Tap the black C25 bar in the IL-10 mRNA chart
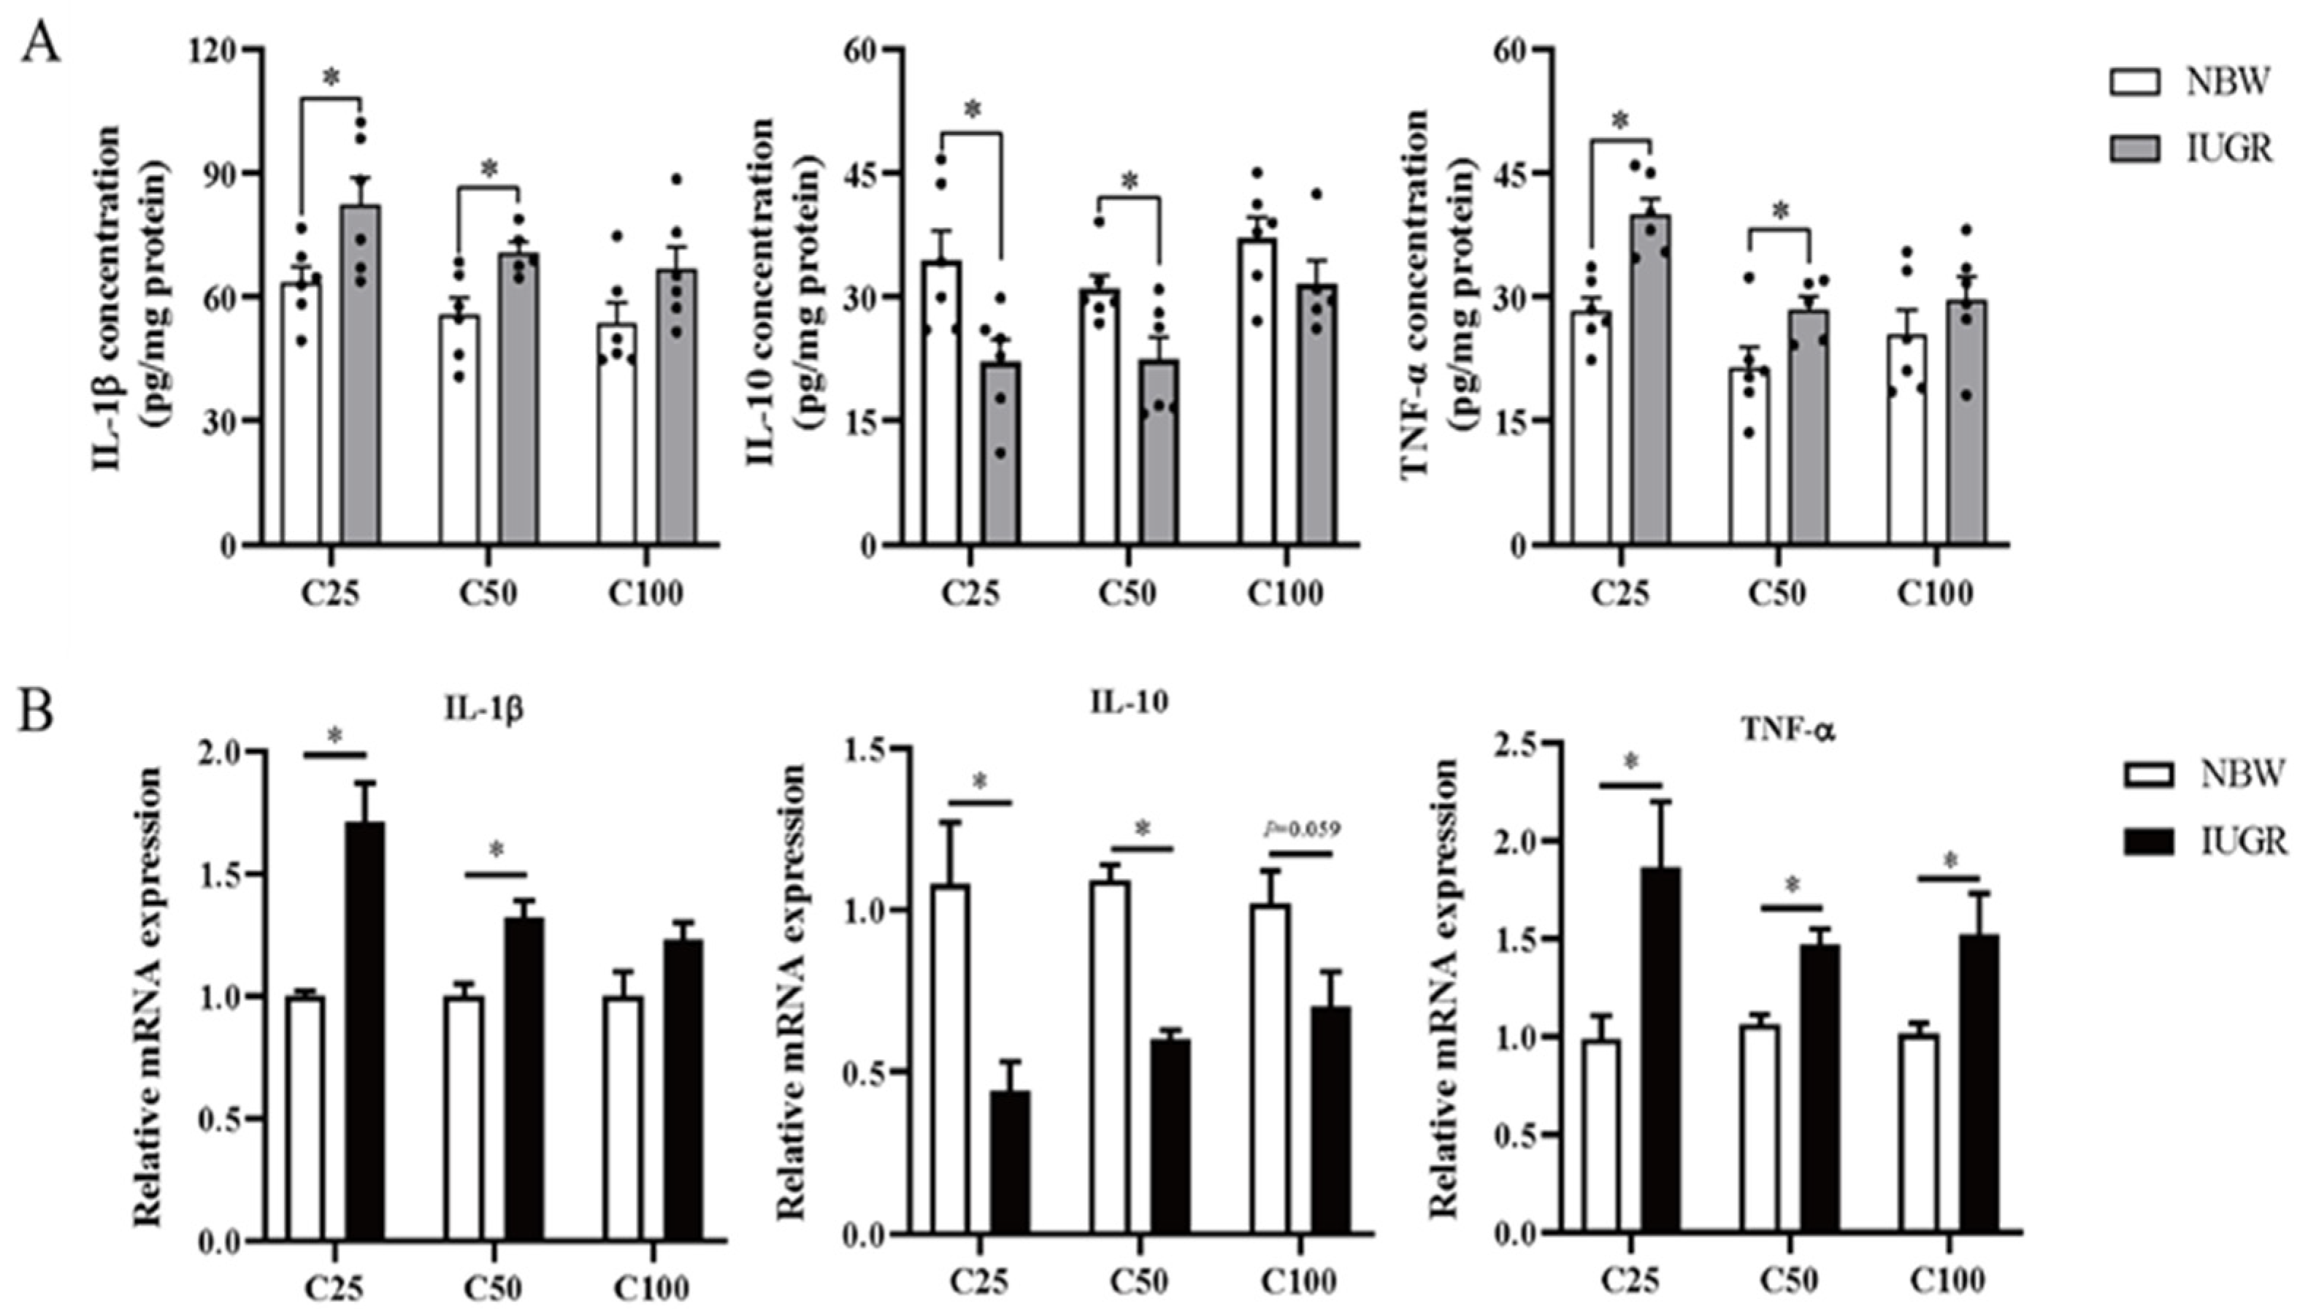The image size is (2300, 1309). tap(1011, 1164)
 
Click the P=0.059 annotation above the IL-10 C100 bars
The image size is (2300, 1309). tap(1301, 829)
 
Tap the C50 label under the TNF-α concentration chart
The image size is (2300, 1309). tap(1779, 594)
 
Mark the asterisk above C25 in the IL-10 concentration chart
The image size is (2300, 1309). tap(972, 110)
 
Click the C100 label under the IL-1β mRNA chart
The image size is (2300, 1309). tap(652, 1287)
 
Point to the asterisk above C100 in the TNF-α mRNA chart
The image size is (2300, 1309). tap(1950, 861)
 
